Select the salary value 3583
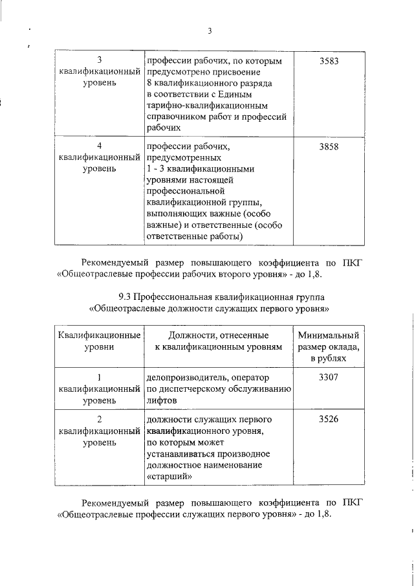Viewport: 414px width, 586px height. [329, 61]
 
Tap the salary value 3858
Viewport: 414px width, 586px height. [329, 147]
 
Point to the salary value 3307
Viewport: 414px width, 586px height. [329, 377]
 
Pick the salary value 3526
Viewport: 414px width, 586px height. [329, 420]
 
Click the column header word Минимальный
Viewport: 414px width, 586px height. [329, 335]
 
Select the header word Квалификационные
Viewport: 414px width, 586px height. [100, 335]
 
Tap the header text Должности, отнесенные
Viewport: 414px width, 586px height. [218, 335]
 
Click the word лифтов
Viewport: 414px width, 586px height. [162, 401]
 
